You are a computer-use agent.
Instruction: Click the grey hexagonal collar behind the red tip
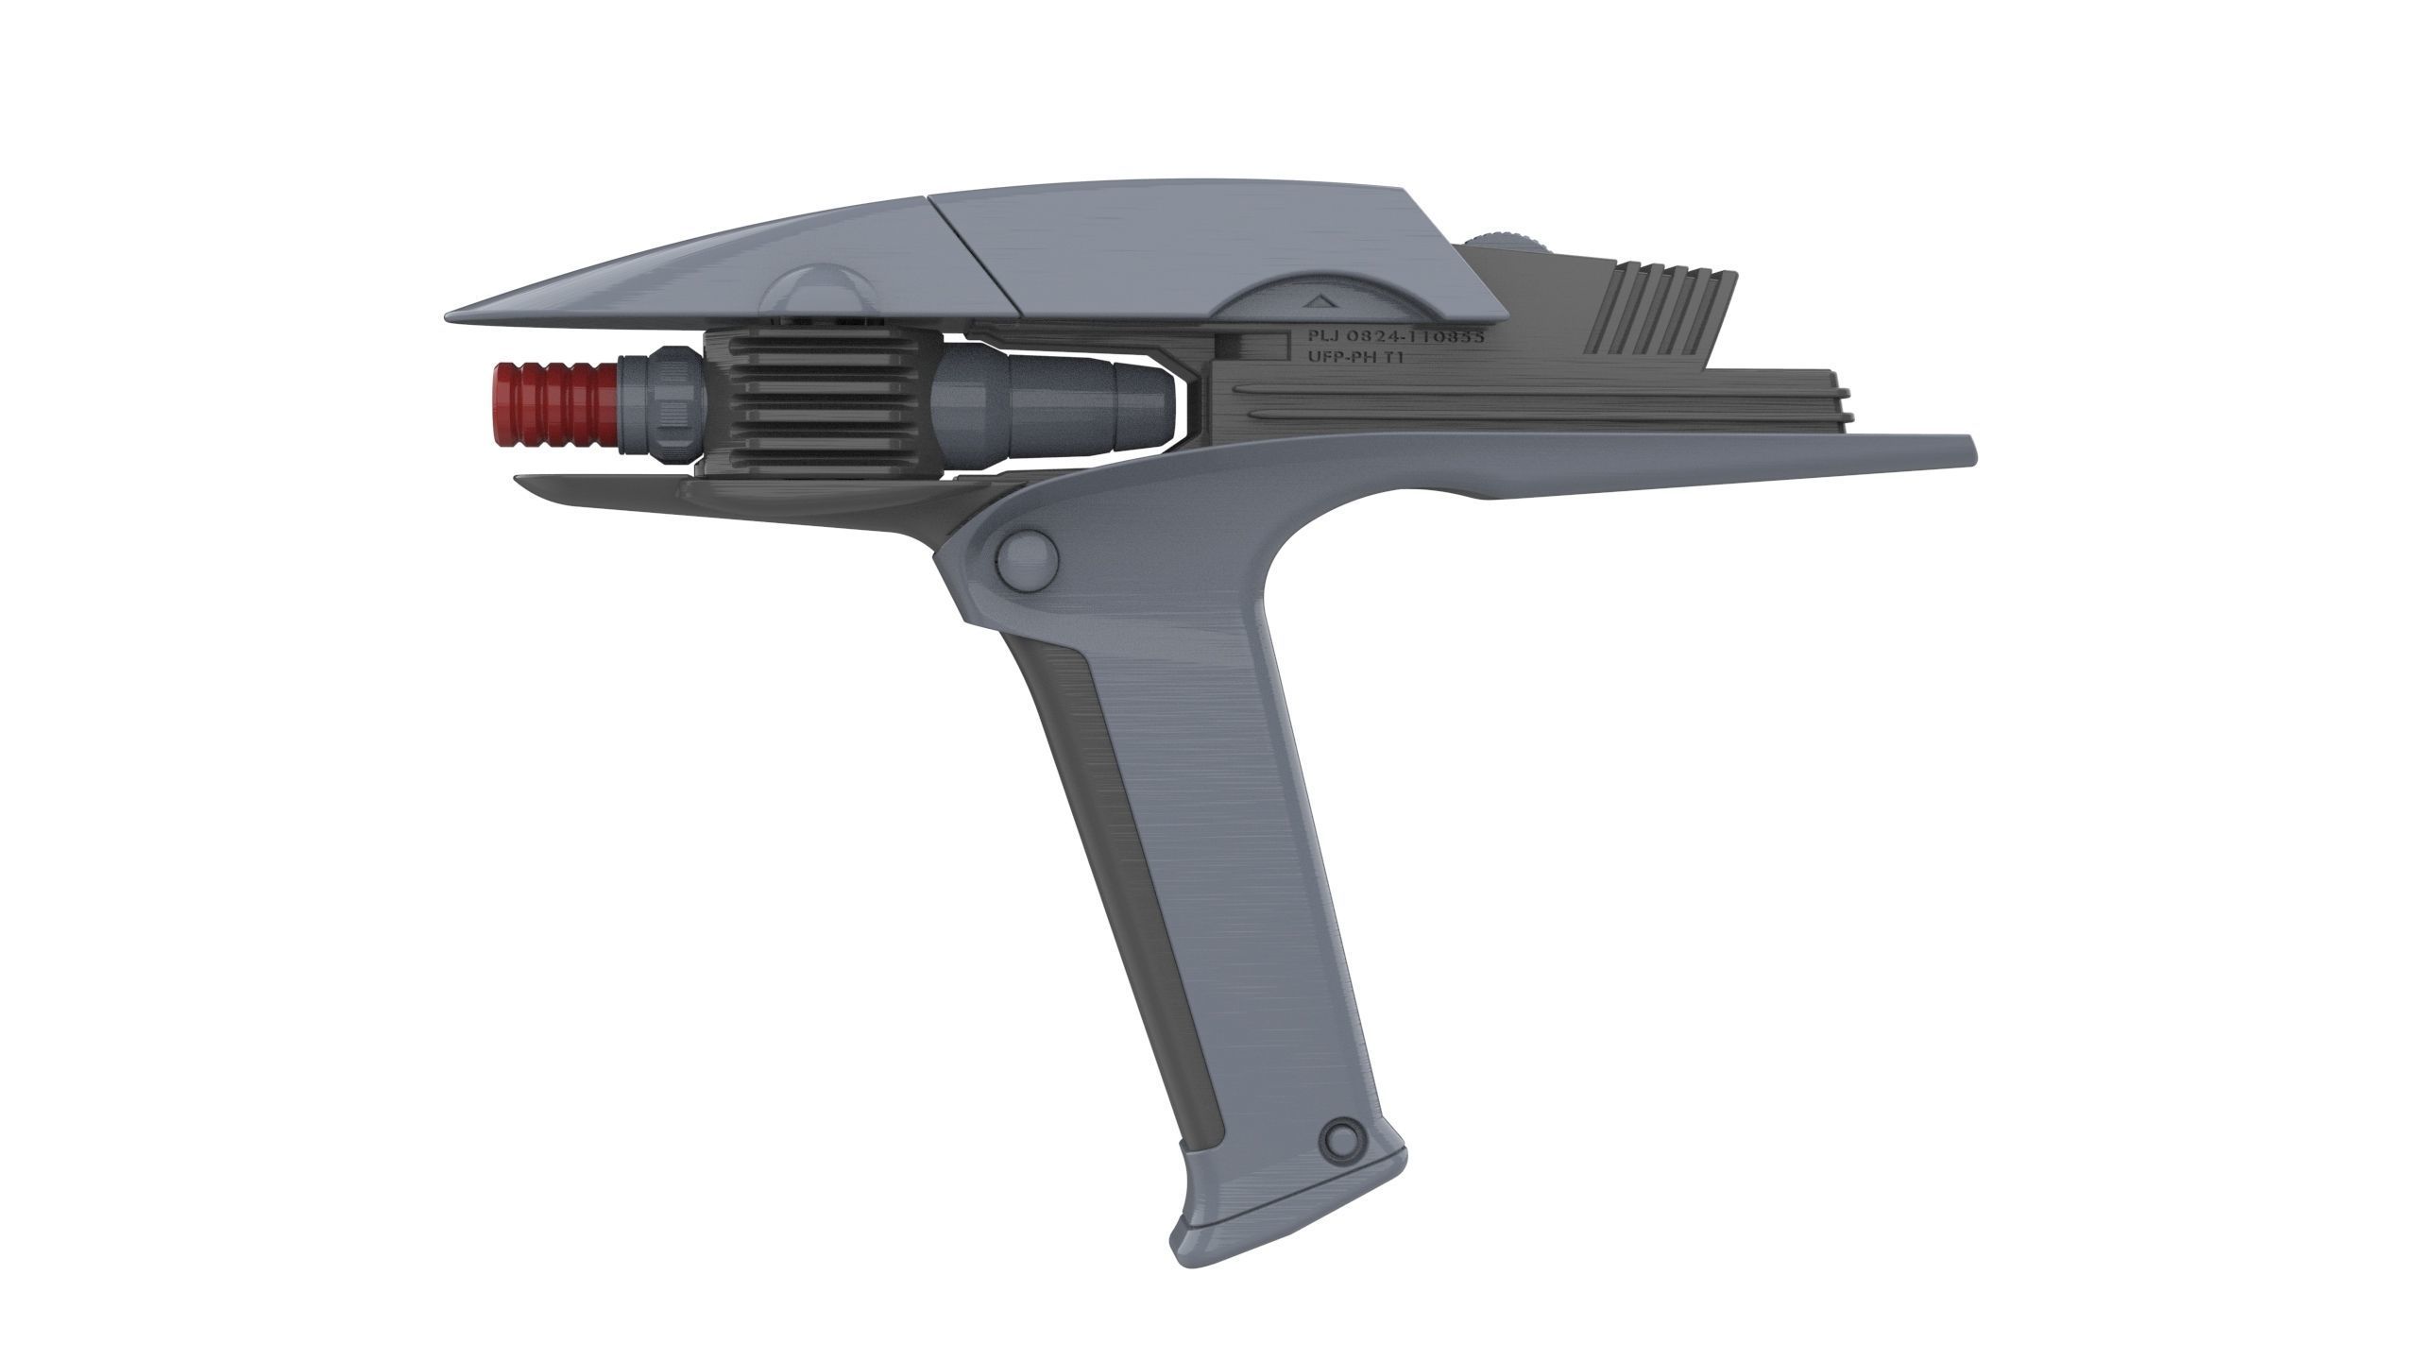(x=665, y=405)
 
